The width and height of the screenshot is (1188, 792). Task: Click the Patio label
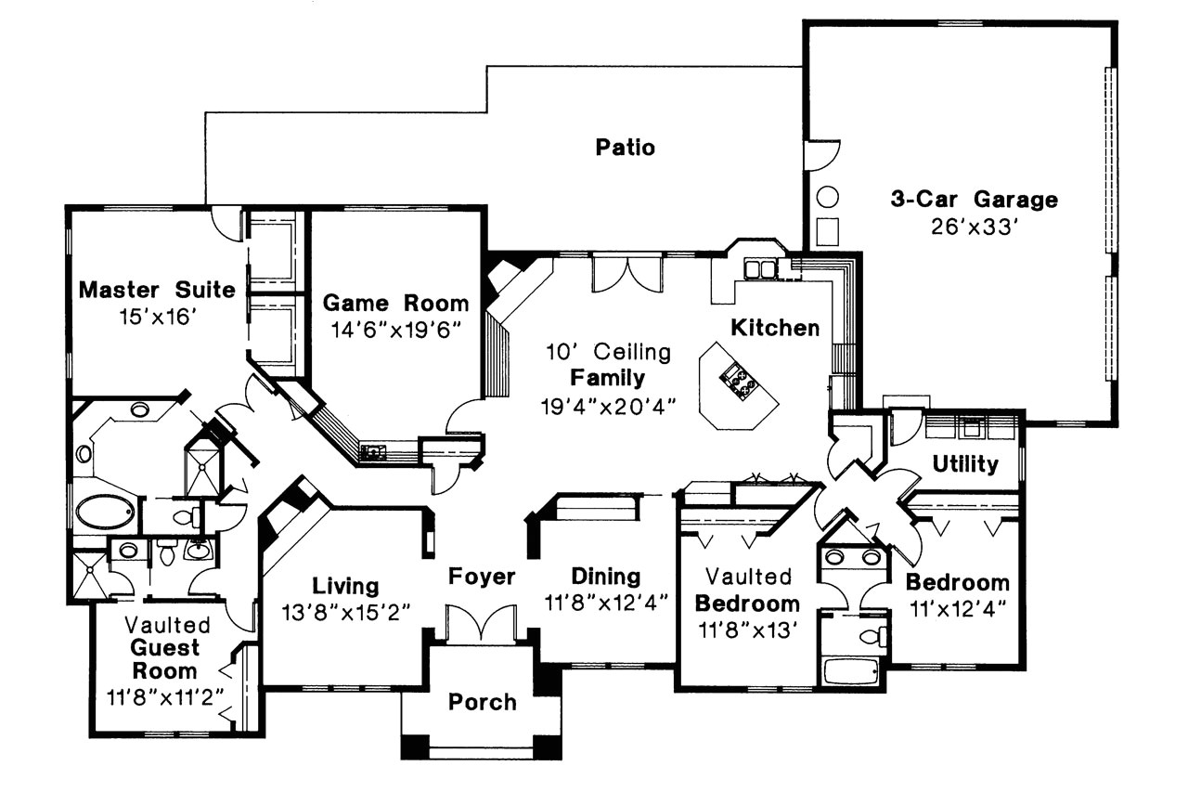tap(625, 148)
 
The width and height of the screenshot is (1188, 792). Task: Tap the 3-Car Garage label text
tap(974, 199)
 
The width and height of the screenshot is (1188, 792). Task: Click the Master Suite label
tap(156, 290)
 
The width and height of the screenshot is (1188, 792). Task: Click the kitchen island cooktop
tap(740, 382)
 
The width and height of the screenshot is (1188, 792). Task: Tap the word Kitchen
tap(775, 328)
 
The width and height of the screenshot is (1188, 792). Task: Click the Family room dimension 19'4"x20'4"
tap(607, 405)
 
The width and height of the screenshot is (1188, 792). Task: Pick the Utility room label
tap(965, 463)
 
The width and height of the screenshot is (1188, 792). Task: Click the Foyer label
tap(482, 577)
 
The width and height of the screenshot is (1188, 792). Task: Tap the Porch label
tap(482, 702)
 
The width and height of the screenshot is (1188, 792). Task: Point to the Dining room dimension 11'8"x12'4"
tap(606, 602)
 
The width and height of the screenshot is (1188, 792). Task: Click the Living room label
tap(345, 586)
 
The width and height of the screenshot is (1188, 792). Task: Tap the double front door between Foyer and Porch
tap(481, 625)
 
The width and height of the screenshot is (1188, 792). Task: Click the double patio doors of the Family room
tap(628, 273)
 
